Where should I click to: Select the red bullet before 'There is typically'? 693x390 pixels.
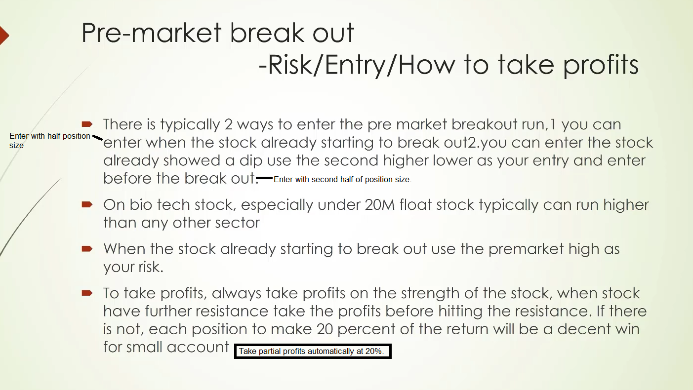[87, 124]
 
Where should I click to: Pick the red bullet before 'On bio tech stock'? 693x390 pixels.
[87, 204]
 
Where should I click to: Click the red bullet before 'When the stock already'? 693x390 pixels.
[87, 249]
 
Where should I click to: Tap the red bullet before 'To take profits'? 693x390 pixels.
[87, 293]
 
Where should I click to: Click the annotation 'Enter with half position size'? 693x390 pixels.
[49, 140]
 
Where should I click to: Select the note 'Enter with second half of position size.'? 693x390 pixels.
[342, 179]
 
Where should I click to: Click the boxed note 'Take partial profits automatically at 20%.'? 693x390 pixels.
[313, 351]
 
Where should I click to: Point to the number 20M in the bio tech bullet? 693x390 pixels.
[380, 205]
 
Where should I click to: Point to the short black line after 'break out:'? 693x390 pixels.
[264, 178]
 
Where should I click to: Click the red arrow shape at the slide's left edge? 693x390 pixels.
[4, 36]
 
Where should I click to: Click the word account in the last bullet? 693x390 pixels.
[198, 348]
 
